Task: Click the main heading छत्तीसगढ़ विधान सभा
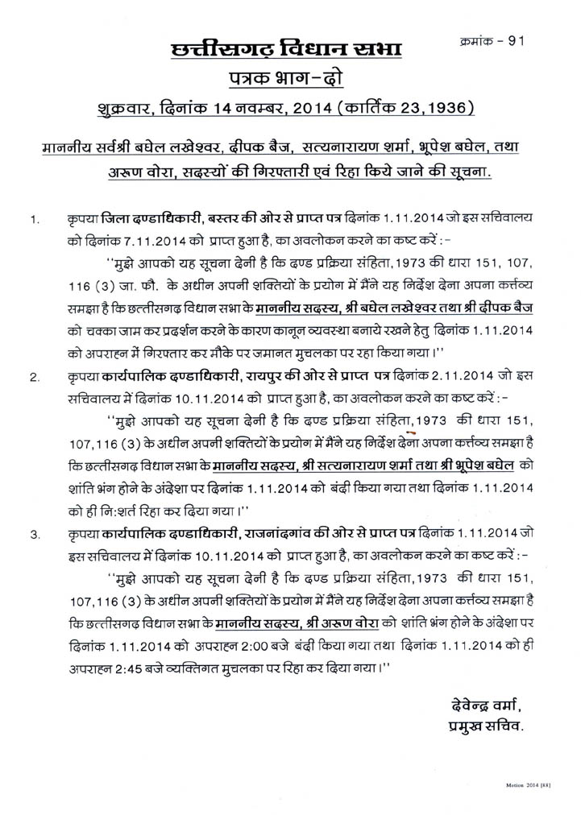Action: [291, 51]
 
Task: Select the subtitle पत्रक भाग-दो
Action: [290, 78]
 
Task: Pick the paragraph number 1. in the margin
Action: [33, 219]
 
